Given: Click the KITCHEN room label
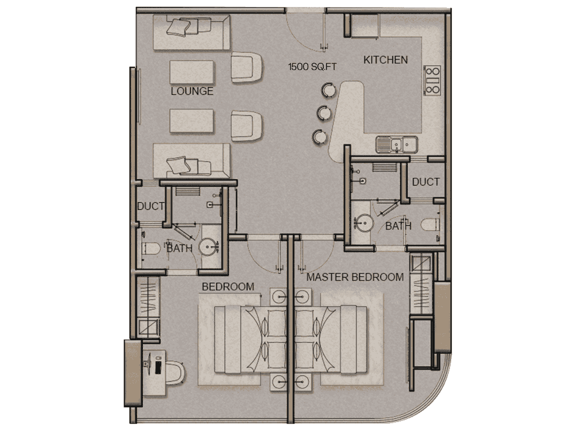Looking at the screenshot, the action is pos(385,60).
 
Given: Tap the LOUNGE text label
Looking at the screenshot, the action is pos(192,91).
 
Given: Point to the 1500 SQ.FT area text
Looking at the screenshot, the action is pos(312,67).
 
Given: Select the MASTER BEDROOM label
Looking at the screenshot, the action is pos(355,277).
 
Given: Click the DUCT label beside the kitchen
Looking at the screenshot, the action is pos(426,182).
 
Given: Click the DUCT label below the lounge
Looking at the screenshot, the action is pos(150,206).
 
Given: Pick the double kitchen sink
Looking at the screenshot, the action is pos(397,144).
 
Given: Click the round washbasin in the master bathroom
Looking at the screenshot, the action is pos(364,223).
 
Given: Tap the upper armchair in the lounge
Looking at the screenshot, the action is pos(247,67).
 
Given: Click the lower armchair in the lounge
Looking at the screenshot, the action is pos(247,126).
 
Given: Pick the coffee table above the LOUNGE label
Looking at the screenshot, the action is pos(192,72).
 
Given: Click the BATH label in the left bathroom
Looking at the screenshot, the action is pos(179,248).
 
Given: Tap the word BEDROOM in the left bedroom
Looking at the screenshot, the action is pos(228,286).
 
